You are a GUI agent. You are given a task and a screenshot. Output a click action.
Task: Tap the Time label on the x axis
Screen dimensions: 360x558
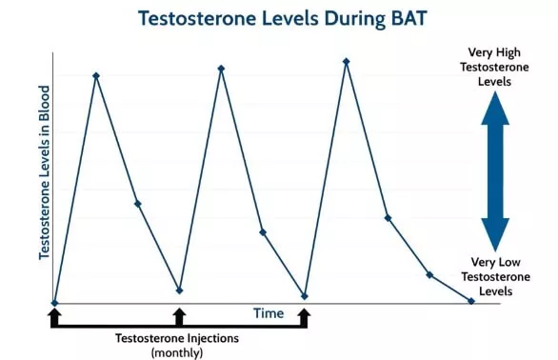point(269,312)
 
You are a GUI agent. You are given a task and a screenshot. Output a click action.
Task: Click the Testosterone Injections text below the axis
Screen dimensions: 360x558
point(177,338)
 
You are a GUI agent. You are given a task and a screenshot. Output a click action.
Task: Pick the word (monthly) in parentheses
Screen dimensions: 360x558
point(177,352)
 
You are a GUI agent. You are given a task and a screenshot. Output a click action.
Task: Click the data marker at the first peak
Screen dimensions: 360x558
point(95,75)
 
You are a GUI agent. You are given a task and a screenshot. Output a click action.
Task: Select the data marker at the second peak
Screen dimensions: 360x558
point(221,69)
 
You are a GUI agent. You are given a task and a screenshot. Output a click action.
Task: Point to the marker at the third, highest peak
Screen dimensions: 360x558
point(346,62)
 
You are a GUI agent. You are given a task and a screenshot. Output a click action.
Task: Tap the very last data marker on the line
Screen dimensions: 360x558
point(471,301)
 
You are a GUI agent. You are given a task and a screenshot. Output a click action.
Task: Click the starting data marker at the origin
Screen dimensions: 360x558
point(54,303)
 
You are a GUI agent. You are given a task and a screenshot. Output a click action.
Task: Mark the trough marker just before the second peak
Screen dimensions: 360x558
point(179,290)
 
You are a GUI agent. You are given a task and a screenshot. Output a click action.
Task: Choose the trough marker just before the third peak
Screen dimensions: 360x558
point(305,296)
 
